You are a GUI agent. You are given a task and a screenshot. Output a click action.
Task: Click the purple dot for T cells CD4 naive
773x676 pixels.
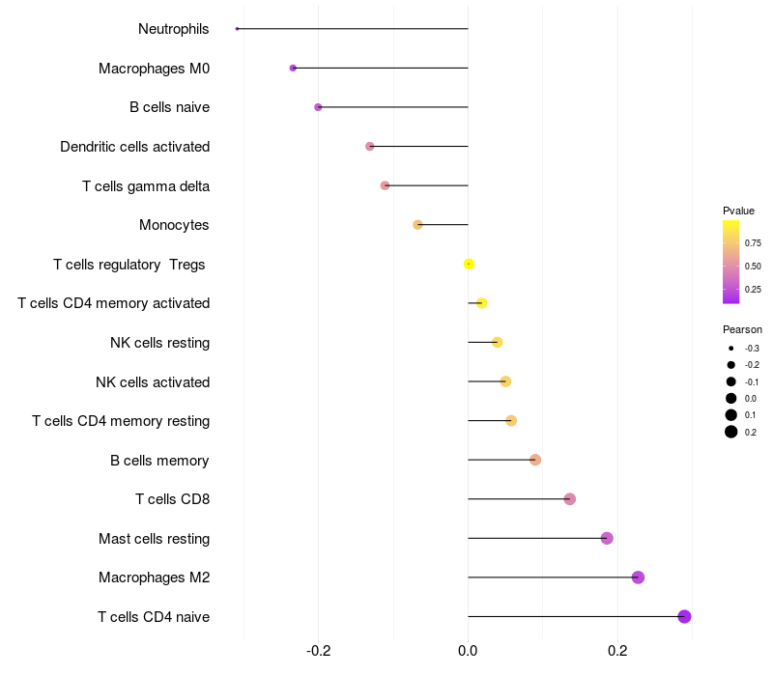(x=684, y=616)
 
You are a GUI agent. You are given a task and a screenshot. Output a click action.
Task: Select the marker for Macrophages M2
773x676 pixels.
(x=638, y=577)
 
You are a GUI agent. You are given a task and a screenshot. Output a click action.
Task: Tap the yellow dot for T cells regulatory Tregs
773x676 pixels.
(x=469, y=264)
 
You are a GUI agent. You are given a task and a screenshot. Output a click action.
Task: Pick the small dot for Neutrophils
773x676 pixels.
(x=237, y=29)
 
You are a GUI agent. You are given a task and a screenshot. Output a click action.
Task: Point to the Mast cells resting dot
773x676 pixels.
(x=607, y=538)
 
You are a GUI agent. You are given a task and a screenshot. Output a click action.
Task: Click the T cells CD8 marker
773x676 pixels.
(x=570, y=499)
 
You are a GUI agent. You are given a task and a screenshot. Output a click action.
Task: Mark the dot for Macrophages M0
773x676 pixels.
(x=293, y=68)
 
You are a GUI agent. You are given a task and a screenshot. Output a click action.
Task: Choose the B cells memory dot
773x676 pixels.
(x=535, y=460)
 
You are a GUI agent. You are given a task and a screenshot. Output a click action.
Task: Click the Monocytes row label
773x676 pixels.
(x=174, y=225)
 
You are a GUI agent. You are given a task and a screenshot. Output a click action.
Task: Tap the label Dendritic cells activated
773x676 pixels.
(x=134, y=147)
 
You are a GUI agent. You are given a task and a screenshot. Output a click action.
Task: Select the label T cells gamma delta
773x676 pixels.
(x=146, y=185)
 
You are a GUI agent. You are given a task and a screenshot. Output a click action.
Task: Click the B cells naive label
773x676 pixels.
(x=169, y=107)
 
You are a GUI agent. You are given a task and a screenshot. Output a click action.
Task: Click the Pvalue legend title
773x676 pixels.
(x=738, y=211)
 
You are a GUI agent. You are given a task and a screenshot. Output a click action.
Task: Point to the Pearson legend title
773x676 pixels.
(x=742, y=329)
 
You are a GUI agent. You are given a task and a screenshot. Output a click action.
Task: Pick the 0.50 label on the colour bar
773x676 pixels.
(x=753, y=266)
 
